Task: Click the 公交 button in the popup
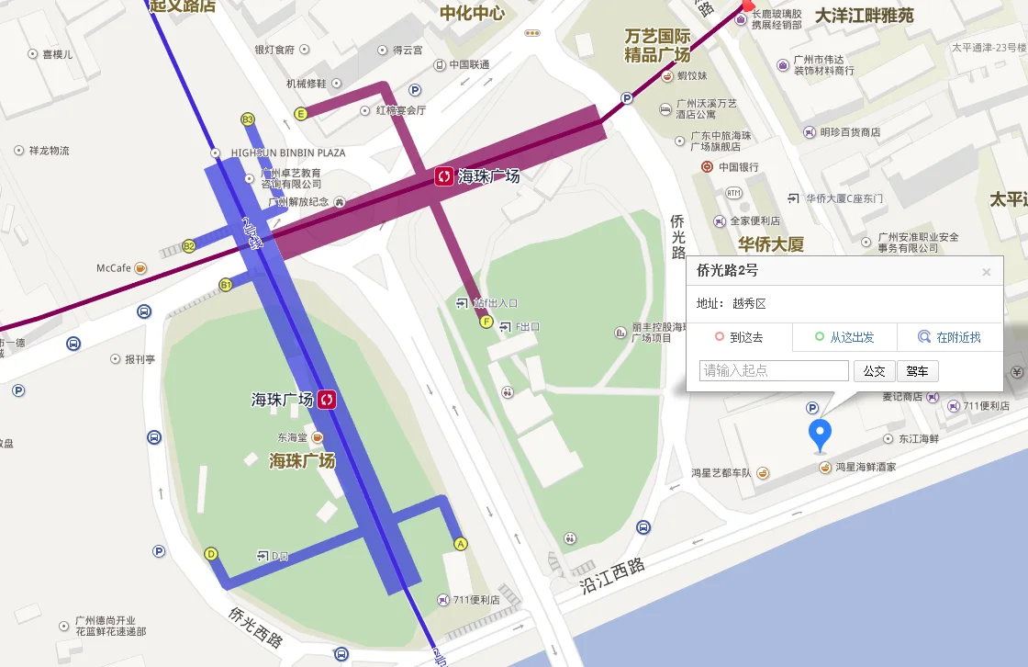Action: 874,371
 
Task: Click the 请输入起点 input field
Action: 774,371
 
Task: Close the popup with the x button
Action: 987,272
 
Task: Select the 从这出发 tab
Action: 844,337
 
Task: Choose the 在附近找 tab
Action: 950,337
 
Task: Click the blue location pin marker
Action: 819,433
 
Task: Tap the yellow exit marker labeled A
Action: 461,544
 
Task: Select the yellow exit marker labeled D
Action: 211,554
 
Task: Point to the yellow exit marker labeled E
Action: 300,114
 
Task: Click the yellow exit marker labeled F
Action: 486,322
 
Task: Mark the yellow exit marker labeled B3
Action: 247,119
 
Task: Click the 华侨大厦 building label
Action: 771,244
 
